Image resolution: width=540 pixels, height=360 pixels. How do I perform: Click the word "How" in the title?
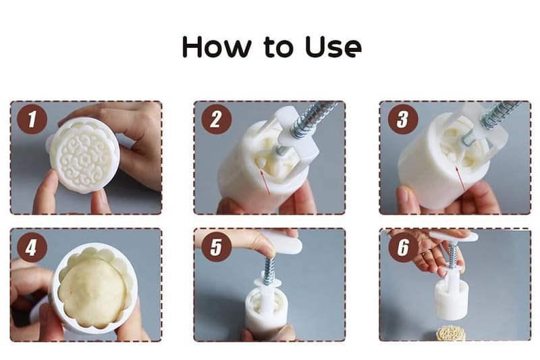click(x=217, y=46)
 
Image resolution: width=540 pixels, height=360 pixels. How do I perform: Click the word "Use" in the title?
click(x=333, y=47)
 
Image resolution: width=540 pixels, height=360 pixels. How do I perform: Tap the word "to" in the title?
click(x=278, y=47)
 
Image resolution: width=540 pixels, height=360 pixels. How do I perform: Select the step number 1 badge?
click(x=32, y=119)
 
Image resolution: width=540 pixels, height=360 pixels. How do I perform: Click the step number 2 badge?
click(x=216, y=119)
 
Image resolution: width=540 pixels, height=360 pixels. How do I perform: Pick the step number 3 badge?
click(x=403, y=119)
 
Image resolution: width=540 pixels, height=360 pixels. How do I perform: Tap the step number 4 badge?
click(x=32, y=247)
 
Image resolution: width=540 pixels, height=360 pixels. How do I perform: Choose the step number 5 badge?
click(x=216, y=247)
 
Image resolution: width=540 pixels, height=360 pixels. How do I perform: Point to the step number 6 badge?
click(x=403, y=247)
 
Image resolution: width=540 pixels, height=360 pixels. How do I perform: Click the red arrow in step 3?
click(x=460, y=179)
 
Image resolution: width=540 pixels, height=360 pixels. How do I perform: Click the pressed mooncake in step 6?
click(x=451, y=334)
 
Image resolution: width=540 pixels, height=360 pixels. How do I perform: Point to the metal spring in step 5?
click(x=269, y=269)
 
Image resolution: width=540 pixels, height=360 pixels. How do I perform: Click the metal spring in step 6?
click(x=452, y=255)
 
